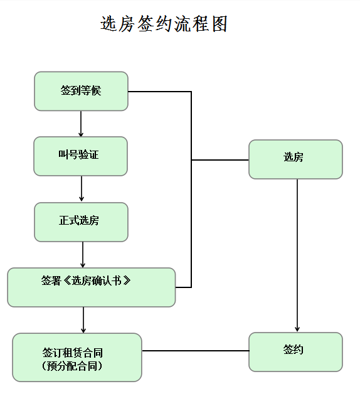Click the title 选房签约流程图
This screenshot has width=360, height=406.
[164, 24]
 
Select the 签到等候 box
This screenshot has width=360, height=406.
[81, 91]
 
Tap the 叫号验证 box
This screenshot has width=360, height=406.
[80, 156]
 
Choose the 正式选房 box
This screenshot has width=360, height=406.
[81, 222]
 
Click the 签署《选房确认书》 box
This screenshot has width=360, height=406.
[91, 287]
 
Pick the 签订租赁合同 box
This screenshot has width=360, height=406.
[77, 357]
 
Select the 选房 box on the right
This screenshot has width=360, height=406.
[295, 159]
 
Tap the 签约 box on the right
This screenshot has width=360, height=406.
[295, 351]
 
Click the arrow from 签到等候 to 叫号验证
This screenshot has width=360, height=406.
[81, 124]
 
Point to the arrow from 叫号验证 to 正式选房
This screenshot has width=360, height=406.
[82, 188]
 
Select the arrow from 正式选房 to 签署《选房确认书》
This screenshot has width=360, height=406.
[83, 254]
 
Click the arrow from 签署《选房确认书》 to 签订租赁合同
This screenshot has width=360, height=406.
[83, 319]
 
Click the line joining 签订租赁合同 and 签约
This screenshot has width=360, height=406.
[195, 350]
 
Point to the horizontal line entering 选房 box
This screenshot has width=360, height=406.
[220, 160]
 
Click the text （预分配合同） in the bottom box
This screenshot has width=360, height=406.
[72, 365]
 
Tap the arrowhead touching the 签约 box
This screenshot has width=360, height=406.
[297, 329]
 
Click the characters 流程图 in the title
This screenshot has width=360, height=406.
[203, 24]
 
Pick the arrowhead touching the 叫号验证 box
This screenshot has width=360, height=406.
[81, 134]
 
